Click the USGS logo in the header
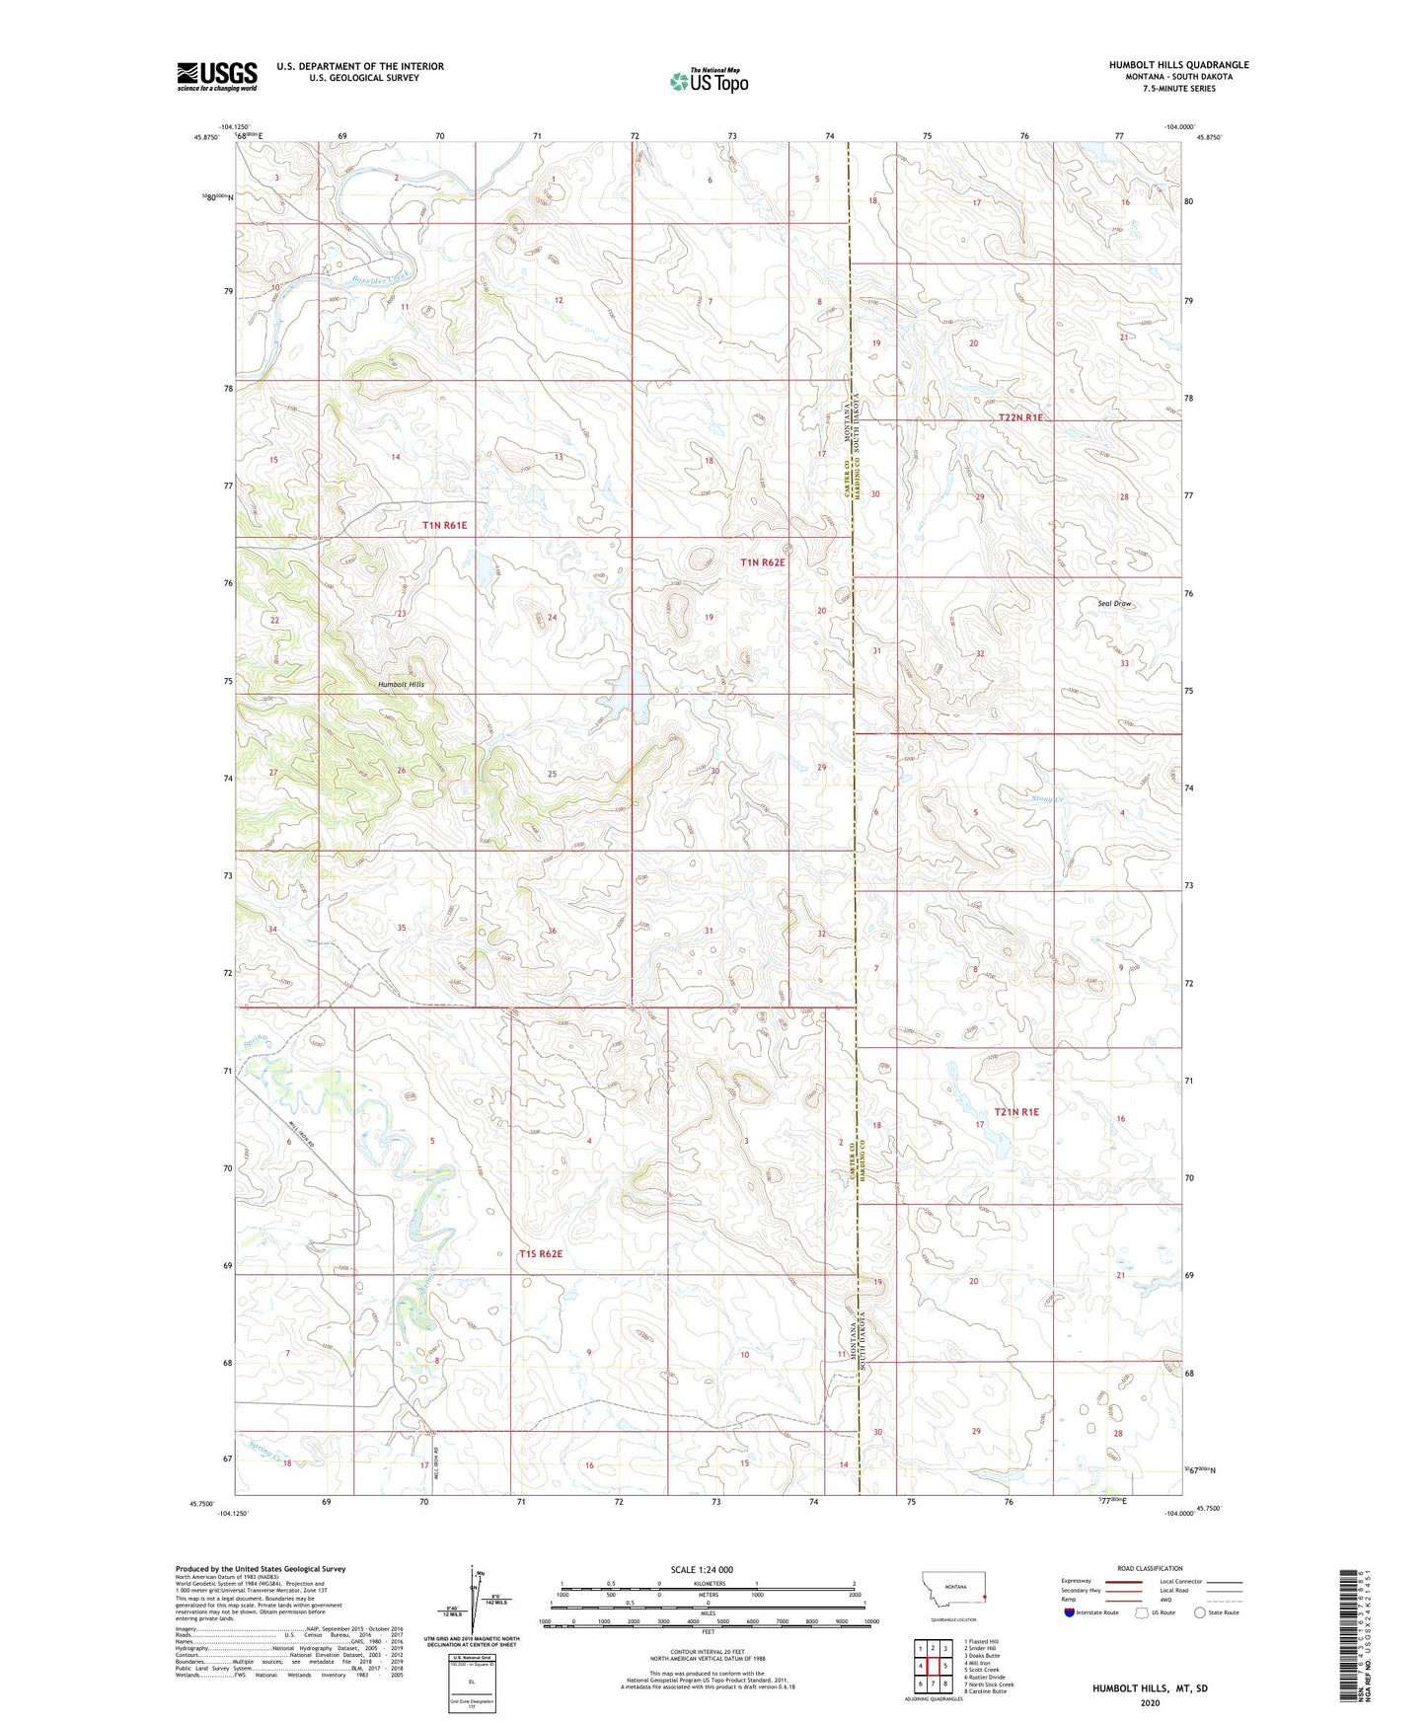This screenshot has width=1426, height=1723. (x=216, y=76)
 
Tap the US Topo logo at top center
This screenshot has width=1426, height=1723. (x=708, y=80)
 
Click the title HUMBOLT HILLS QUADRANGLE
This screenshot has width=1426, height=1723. (x=1177, y=65)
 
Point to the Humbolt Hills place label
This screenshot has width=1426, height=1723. (x=400, y=684)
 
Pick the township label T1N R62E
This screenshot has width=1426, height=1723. (x=762, y=562)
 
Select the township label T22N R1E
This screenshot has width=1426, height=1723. (x=1020, y=418)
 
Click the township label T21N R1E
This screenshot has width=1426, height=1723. (x=1016, y=1112)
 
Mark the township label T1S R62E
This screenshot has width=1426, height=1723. (x=541, y=1254)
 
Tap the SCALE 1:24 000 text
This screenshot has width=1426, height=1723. (x=702, y=1569)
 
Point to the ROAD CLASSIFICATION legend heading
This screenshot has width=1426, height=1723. (x=1150, y=1568)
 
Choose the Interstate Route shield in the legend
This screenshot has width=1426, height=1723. (x=1070, y=1612)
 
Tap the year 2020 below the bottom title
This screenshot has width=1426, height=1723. (x=1150, y=1703)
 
